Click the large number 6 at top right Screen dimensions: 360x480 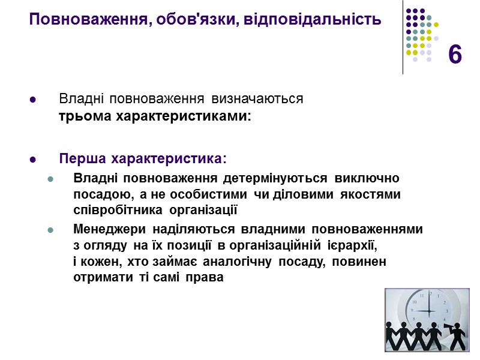(455, 55)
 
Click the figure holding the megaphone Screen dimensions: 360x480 (458, 336)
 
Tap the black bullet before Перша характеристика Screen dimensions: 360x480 (32, 160)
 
